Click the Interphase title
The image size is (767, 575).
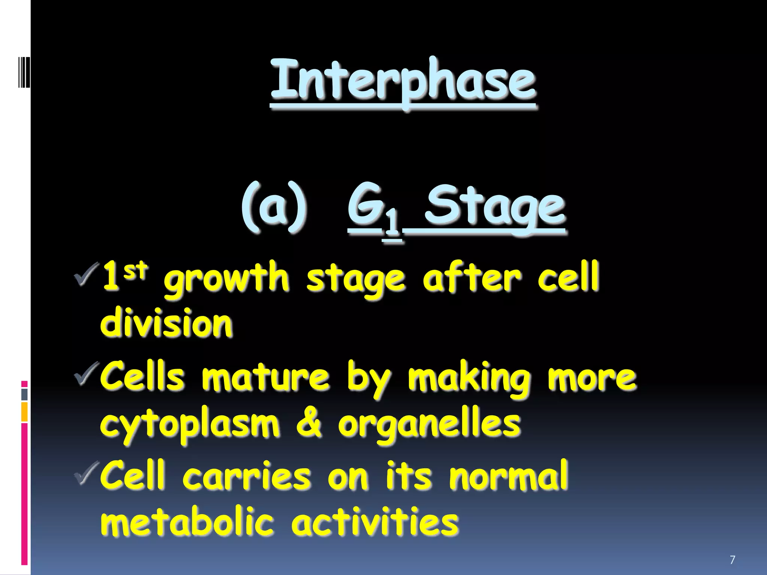coord(403,80)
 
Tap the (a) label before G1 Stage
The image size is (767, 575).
coord(274,207)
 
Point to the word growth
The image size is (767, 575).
coord(226,279)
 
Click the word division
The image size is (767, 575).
coord(166,323)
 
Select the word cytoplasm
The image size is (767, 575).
coord(190,426)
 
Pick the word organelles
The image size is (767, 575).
coord(429,426)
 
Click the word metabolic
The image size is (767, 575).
coord(187,522)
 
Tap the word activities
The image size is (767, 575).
coord(375,522)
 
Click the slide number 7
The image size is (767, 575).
coord(733,560)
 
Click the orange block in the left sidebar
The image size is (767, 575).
coord(24,412)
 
